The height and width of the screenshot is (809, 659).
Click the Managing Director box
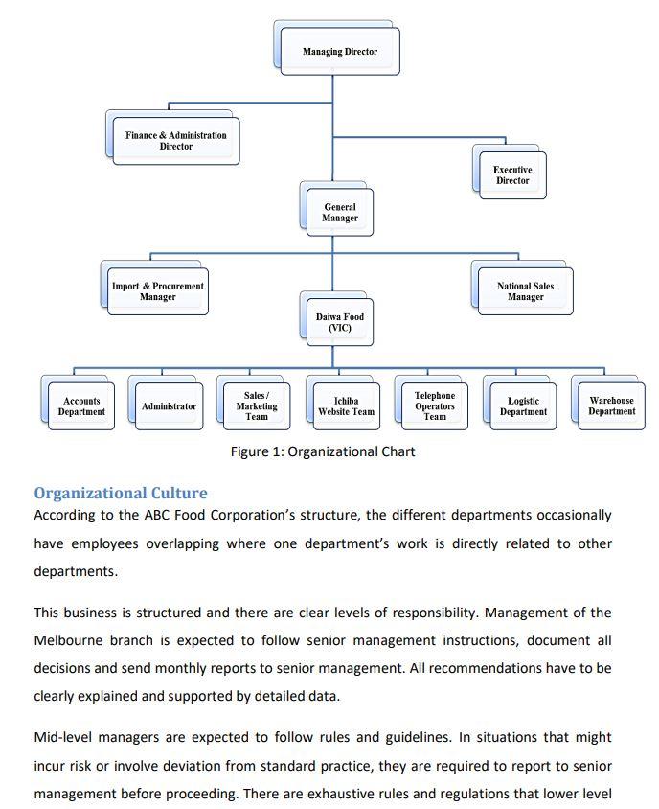(x=340, y=52)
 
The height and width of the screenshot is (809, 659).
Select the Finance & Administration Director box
(x=176, y=141)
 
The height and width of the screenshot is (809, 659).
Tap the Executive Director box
(x=512, y=175)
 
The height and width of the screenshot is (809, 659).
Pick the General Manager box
(x=340, y=213)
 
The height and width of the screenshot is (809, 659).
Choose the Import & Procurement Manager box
(x=158, y=291)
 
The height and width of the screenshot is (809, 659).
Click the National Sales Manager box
(x=525, y=291)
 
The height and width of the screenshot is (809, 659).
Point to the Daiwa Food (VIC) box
(x=340, y=322)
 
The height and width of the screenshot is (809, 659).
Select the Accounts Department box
(x=81, y=406)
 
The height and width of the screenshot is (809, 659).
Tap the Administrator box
(x=169, y=406)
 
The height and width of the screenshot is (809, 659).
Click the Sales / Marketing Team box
(x=257, y=406)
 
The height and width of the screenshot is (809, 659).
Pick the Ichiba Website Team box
(x=347, y=406)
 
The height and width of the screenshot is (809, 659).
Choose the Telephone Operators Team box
(x=435, y=405)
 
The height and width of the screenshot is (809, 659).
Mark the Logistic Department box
(x=523, y=406)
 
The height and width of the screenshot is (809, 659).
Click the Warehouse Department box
(x=611, y=405)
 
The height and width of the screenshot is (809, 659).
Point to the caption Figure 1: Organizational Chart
(x=323, y=451)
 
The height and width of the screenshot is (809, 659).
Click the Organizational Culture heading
(x=120, y=494)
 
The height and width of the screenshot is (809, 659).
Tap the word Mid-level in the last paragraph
(x=63, y=737)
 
